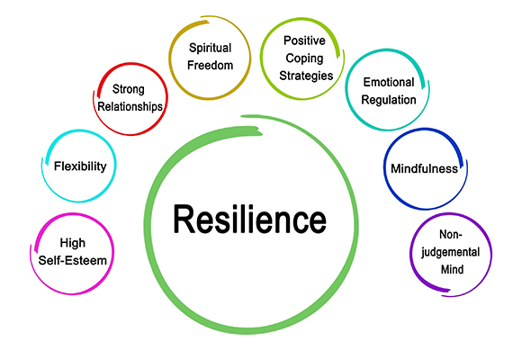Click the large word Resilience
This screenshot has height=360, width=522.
(249, 219)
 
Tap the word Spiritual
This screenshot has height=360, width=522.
(210, 49)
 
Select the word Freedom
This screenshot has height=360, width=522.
(210, 65)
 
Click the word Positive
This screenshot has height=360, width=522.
(304, 40)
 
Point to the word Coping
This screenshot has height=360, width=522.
(304, 58)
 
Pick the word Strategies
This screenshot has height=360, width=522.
(306, 76)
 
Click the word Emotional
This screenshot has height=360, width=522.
(389, 82)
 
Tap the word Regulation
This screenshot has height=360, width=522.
(389, 100)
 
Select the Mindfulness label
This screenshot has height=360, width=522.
(424, 168)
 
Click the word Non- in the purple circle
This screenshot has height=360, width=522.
(451, 234)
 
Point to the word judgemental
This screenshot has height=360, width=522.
(450, 252)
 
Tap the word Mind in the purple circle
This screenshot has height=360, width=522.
(452, 269)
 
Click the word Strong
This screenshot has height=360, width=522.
(128, 90)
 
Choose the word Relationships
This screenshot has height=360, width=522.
(130, 106)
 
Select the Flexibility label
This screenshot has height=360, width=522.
(80, 166)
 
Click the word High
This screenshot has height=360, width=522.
(73, 243)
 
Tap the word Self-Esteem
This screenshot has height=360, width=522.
(73, 260)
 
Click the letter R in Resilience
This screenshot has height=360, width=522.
(184, 219)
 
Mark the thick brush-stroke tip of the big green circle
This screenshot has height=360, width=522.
(260, 133)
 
